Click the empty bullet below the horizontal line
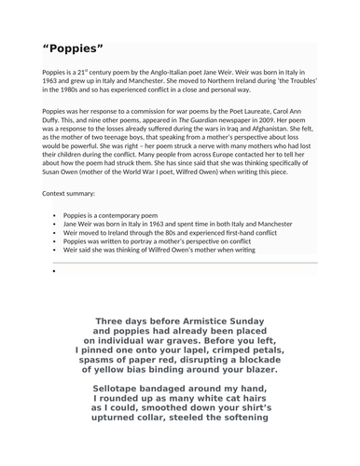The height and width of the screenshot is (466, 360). pos(56,272)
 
